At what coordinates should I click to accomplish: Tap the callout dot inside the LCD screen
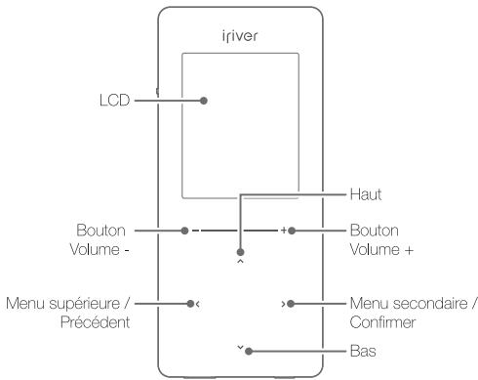[204, 99]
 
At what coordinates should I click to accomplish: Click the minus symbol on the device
[195, 231]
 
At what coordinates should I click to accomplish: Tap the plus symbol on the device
[282, 231]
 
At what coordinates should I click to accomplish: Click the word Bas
[361, 349]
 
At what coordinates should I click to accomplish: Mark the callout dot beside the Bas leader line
[250, 350]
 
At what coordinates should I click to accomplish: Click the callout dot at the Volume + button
[291, 231]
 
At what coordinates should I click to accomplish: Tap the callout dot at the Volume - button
[183, 231]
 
